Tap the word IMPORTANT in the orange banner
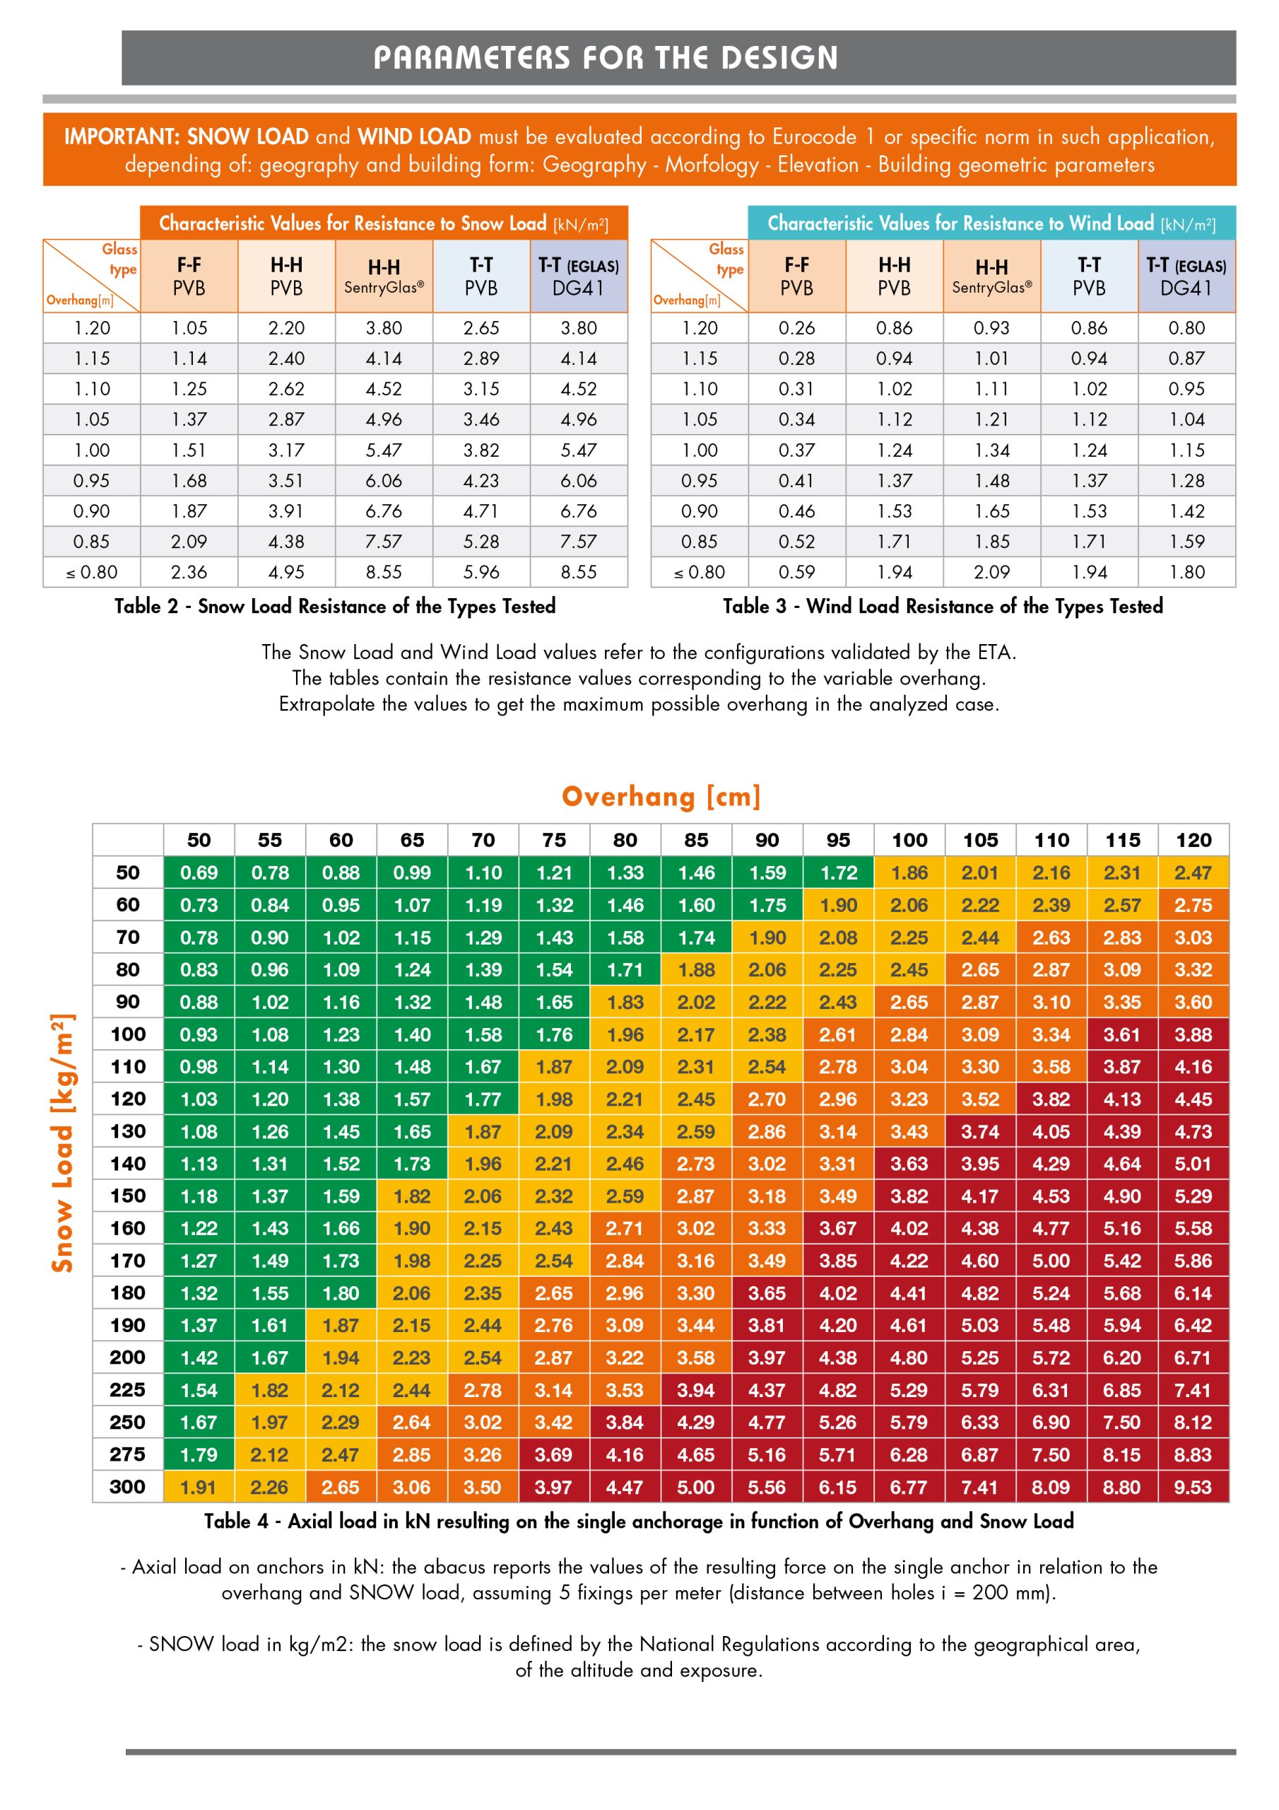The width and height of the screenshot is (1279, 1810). click(x=122, y=137)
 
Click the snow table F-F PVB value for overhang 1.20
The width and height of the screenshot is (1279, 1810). click(x=189, y=328)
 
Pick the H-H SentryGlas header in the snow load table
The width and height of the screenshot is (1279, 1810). click(x=384, y=276)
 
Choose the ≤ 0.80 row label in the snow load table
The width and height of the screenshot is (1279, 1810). click(x=91, y=572)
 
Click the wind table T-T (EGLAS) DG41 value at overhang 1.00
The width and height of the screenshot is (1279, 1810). click(x=1187, y=450)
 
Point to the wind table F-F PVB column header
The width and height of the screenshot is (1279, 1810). click(x=796, y=276)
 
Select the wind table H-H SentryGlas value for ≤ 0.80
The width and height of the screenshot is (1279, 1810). click(x=991, y=572)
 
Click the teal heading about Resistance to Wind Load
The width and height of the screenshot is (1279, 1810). click(x=991, y=224)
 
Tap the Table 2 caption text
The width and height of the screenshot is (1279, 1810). click(x=335, y=606)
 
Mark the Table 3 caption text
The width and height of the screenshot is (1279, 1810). click(x=943, y=606)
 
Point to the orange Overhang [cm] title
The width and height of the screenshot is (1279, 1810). click(x=661, y=796)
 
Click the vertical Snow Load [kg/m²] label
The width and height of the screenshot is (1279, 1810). click(x=63, y=1143)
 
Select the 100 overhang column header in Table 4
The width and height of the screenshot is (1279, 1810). click(x=909, y=841)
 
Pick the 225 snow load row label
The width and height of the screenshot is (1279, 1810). click(x=128, y=1390)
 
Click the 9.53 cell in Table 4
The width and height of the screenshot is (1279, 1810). click(x=1193, y=1488)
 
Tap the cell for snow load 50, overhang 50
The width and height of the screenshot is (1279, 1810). click(x=199, y=872)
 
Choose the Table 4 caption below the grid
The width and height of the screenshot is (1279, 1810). click(x=638, y=1522)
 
